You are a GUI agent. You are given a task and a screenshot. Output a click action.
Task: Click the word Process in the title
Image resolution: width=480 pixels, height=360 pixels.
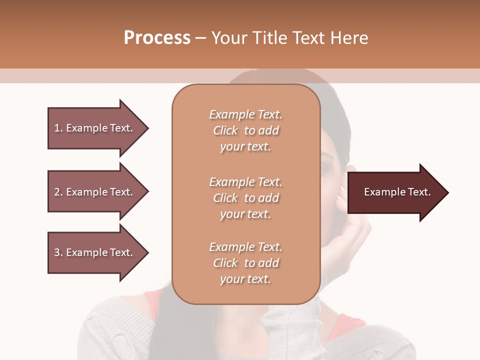coord(157,38)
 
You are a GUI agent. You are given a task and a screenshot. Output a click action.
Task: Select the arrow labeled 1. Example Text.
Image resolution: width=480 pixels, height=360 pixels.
coord(95,128)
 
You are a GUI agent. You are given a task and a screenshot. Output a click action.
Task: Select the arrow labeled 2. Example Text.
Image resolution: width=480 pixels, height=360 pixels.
coord(95,192)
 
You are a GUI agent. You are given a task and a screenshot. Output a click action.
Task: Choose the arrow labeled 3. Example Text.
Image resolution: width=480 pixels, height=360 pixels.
coord(95,252)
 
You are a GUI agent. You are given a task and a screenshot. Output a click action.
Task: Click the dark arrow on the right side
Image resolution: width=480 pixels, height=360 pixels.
coord(395,192)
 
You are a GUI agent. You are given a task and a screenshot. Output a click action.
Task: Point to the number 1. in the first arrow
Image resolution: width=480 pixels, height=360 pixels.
coord(58,128)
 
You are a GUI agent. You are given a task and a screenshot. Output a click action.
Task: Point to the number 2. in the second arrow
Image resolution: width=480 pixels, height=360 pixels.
coord(58,192)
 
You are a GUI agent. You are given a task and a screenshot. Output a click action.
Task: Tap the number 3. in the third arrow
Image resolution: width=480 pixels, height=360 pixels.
coord(58,252)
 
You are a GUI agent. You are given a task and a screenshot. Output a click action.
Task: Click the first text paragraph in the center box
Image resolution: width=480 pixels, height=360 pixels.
coord(245,130)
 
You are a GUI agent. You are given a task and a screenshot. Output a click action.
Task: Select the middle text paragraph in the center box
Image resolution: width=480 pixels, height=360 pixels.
coord(245,198)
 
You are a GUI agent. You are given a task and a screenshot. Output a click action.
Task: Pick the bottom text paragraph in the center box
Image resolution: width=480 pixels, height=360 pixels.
coord(245,263)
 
